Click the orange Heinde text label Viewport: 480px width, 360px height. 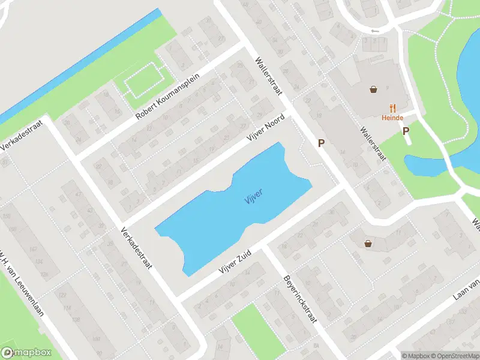point(391,118)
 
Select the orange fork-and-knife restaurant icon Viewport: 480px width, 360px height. point(394,107)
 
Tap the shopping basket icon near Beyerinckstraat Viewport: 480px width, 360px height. point(367,243)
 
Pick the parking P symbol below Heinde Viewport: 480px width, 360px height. point(406,132)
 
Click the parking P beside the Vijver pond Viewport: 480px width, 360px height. point(321,143)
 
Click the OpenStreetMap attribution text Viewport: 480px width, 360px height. point(452,355)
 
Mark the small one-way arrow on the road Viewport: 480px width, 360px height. point(376,31)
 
